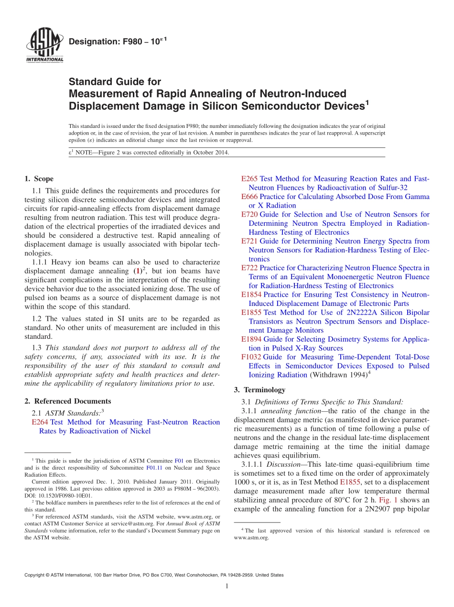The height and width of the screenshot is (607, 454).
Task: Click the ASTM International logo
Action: [44, 45]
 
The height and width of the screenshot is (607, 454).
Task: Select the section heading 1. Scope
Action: [39, 179]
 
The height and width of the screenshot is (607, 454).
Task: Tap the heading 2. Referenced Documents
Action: [67, 401]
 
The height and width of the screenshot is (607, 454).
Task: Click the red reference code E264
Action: [40, 422]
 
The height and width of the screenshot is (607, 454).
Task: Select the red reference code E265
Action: [249, 179]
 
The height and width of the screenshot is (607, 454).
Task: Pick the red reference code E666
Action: [249, 197]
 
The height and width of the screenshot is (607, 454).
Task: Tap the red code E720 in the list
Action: [249, 214]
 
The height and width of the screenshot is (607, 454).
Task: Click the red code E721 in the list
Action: [249, 241]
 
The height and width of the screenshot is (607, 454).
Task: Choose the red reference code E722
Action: [249, 268]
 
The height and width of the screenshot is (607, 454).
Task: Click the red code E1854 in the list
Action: [251, 294]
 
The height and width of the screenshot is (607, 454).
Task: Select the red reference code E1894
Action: [251, 339]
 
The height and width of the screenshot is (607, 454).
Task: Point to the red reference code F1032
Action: [251, 357]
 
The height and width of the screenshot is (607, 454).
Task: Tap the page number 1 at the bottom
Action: [227, 586]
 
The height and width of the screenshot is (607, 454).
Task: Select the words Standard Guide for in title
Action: [115, 82]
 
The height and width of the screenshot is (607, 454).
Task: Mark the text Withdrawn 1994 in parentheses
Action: [338, 375]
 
